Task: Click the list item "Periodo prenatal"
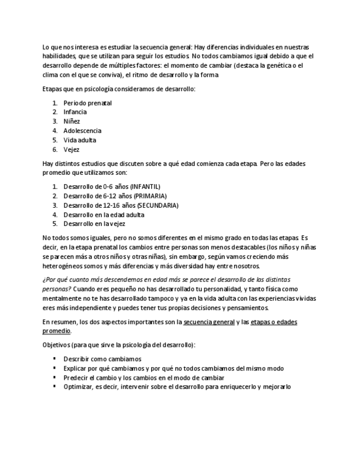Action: (87, 103)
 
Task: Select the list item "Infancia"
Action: (75, 112)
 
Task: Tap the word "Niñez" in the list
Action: (71, 121)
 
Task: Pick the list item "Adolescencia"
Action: (82, 131)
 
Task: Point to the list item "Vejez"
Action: (71, 149)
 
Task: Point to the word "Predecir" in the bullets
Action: (75, 378)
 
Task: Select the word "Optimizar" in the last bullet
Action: (77, 387)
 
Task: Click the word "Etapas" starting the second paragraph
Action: (52, 88)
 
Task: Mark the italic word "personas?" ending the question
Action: (57, 289)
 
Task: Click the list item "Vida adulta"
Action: (80, 140)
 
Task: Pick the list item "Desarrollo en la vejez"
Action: (95, 224)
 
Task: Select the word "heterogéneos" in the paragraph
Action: (63, 265)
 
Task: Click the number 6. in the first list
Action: (55, 149)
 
